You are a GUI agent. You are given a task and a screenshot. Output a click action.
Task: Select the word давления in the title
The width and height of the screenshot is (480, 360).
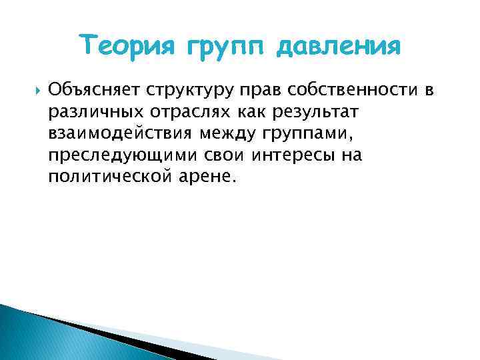tap(339, 47)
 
